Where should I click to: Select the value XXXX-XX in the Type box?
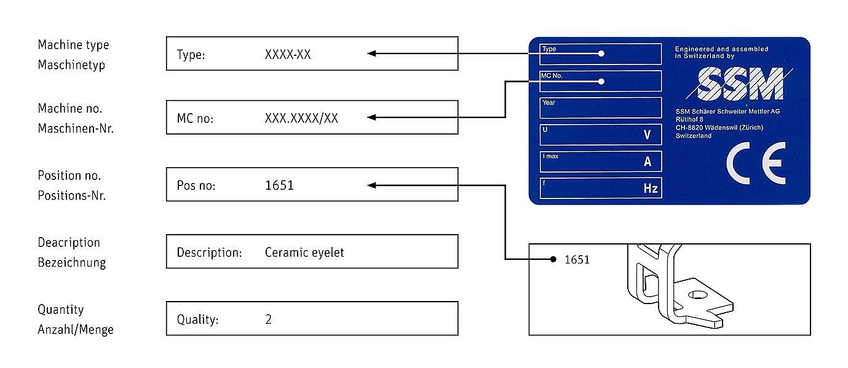pos(288,54)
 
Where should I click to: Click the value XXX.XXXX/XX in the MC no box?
pos(301,118)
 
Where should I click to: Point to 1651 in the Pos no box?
pos(279,185)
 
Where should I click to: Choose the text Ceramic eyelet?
pos(304,252)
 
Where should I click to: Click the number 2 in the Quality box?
pos(268,319)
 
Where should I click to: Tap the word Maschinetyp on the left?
pos(71,65)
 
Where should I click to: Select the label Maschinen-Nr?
pos(76,128)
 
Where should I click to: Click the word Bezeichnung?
pos(72,262)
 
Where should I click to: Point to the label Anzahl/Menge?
pos(76,329)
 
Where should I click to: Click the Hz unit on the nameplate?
pos(650,189)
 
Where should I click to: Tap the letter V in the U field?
pos(646,135)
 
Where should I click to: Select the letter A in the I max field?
pos(647,162)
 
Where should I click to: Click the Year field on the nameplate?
pos(600,108)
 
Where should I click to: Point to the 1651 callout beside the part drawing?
pos(577,260)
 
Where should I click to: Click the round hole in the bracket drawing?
pos(697,295)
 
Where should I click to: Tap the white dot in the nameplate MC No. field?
pos(601,81)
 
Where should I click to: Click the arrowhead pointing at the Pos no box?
pos(371,185)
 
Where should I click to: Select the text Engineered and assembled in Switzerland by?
pos(721,52)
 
